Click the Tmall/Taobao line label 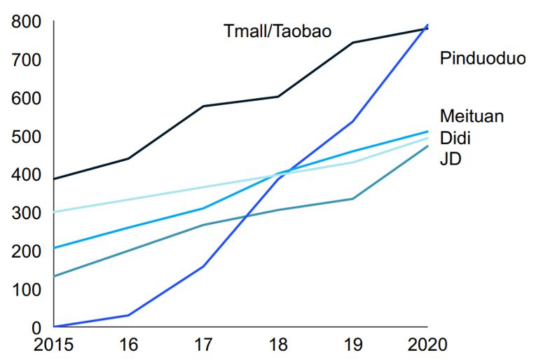point(277,32)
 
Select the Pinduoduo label point(482,58)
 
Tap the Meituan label point(472,116)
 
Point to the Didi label point(455,137)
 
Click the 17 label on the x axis point(202,345)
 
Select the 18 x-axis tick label point(277,345)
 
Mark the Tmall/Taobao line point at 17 point(202,106)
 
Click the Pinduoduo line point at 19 point(352,121)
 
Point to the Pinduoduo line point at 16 point(128,315)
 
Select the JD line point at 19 point(352,199)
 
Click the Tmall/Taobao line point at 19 point(352,43)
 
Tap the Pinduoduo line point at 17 point(202,267)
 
